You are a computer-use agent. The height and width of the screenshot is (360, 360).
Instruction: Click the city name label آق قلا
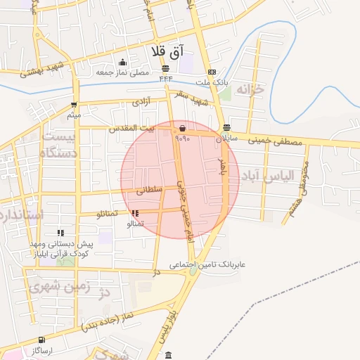[x=167, y=52]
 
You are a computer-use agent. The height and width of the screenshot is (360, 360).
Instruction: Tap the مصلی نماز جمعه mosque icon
[x=123, y=63]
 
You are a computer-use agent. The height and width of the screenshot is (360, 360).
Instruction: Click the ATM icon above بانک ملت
[x=212, y=72]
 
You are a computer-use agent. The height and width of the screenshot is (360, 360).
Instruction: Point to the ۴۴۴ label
[x=166, y=78]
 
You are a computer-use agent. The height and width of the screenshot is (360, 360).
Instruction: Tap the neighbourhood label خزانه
[x=253, y=89]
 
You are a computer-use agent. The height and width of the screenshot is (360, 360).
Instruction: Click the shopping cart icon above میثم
[x=74, y=103]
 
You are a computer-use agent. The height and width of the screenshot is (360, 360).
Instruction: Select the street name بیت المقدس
[x=130, y=129]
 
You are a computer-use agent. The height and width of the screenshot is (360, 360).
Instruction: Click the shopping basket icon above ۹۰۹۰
[x=183, y=129]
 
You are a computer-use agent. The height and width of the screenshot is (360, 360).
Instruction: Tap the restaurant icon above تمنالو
[x=134, y=213]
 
